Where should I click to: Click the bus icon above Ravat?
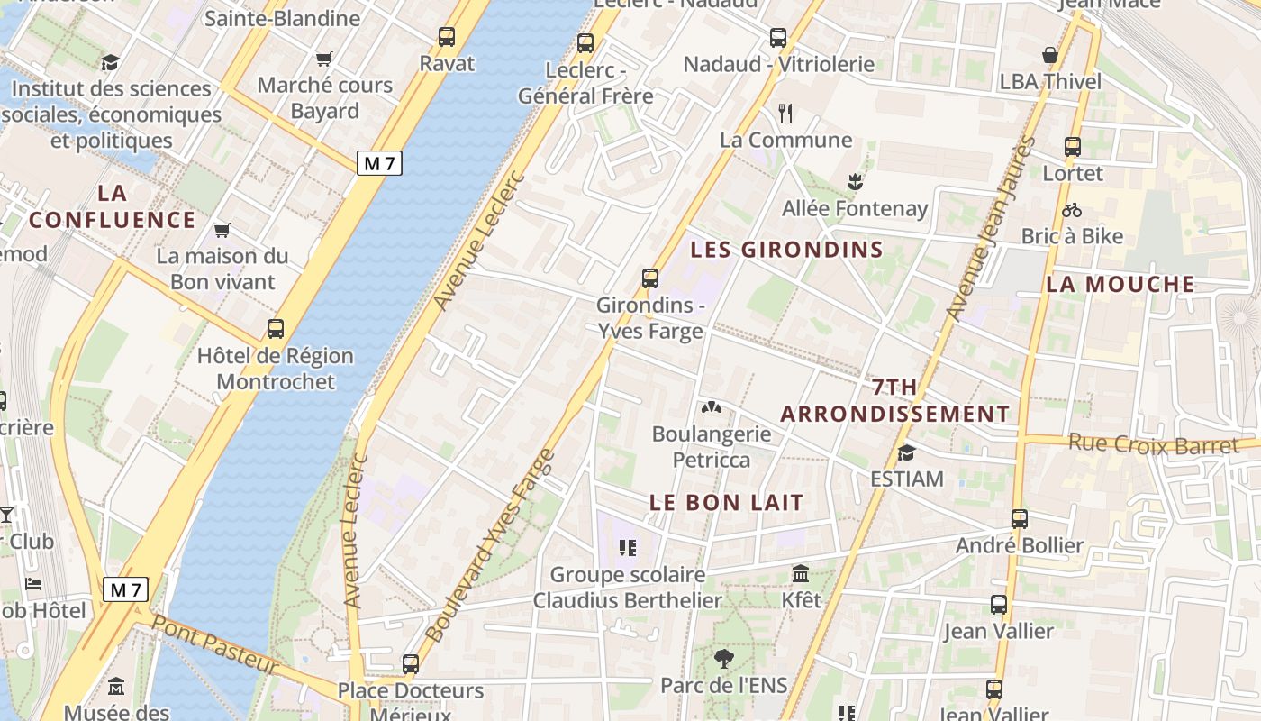coord(447,37)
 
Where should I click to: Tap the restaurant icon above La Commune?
coord(785,114)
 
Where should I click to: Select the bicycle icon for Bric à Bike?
coord(1072,210)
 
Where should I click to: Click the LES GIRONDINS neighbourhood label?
coord(786,250)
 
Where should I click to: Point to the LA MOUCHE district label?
coord(1120,285)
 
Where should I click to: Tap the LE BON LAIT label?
coord(726,503)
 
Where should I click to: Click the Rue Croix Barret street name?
coord(1154,445)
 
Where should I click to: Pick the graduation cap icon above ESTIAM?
coord(906,452)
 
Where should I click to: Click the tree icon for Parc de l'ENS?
coord(723,659)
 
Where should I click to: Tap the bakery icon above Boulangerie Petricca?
coord(712,408)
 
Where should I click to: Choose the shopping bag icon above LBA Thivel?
coord(1050,56)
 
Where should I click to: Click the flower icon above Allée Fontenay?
coord(855,182)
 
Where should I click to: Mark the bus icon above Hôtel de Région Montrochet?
coord(276,329)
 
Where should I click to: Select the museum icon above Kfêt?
coord(801,573)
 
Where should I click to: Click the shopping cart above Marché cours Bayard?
coord(324,59)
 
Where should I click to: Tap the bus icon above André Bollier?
coord(1020,519)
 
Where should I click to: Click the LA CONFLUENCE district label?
coord(112,206)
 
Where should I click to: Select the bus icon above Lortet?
coord(1072,146)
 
